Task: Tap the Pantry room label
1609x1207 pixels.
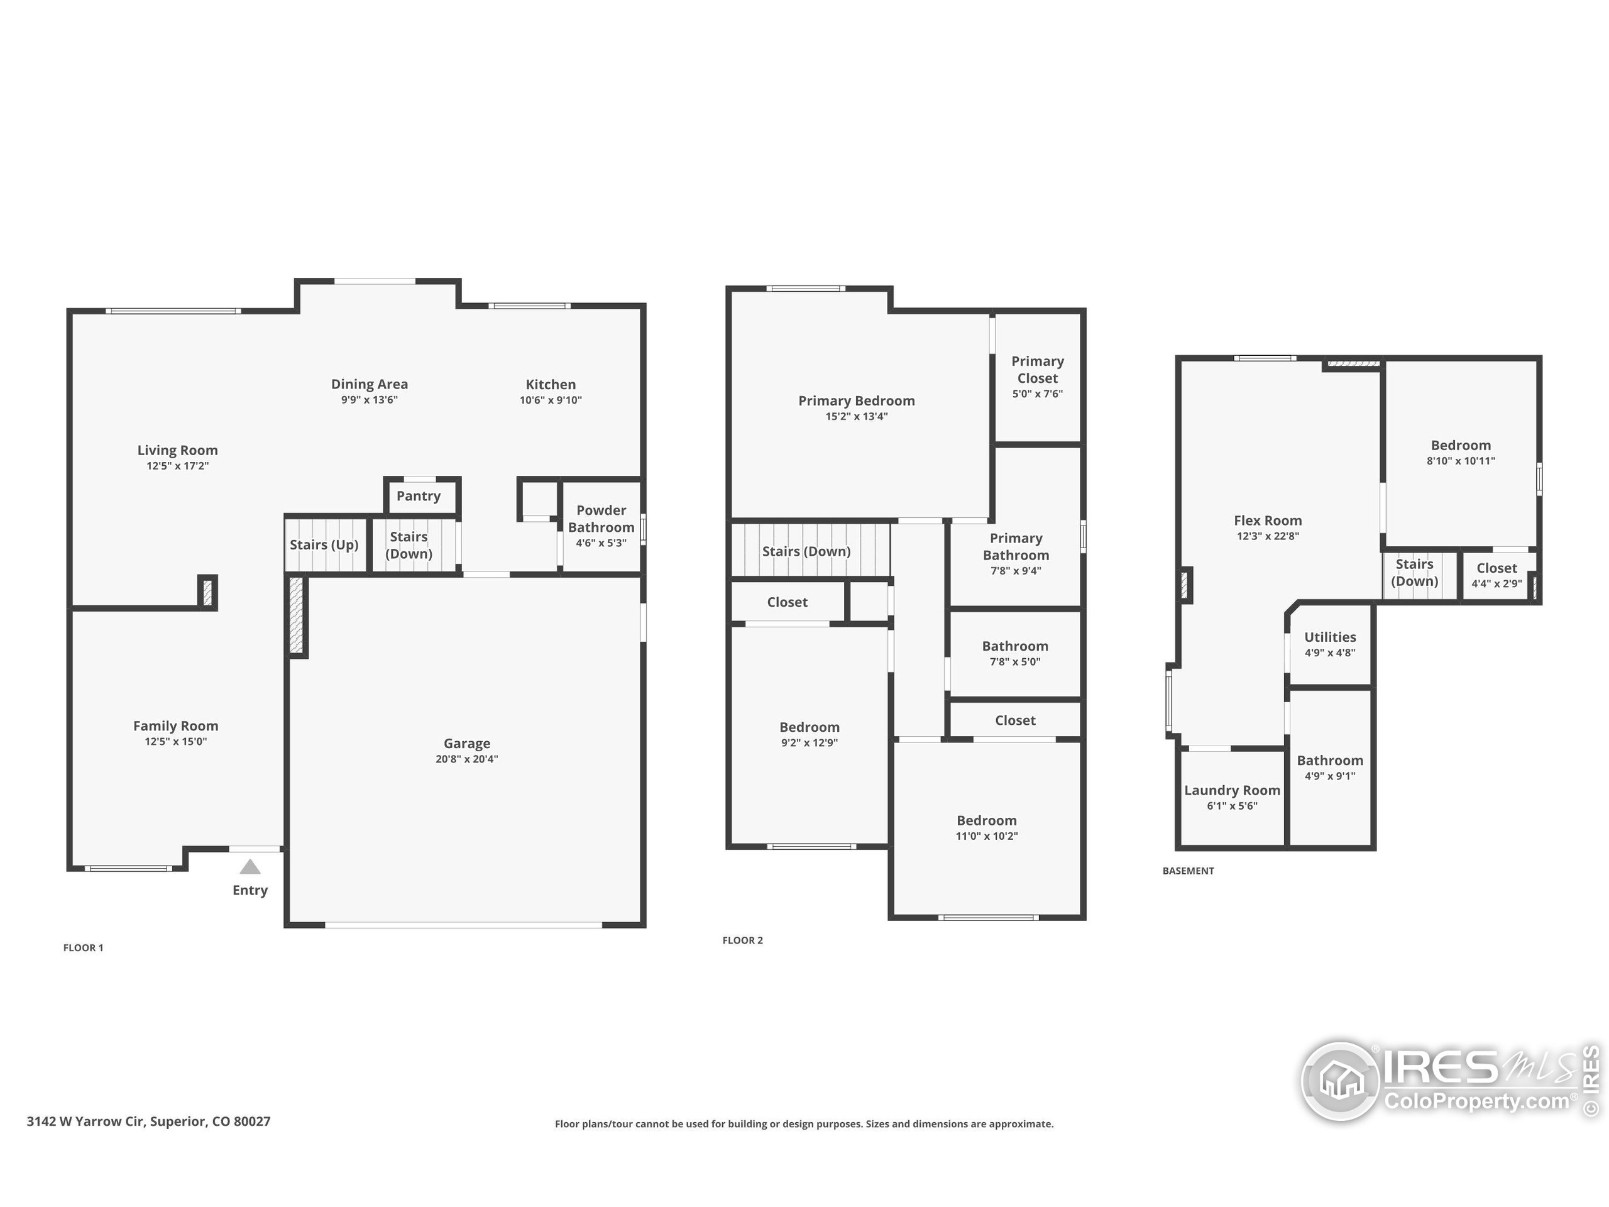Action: coord(418,496)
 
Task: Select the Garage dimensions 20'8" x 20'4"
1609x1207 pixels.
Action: coord(466,759)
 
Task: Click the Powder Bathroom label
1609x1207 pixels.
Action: coord(601,519)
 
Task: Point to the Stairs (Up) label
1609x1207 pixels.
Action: coord(324,545)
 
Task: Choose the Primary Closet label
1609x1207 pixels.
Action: coord(1037,370)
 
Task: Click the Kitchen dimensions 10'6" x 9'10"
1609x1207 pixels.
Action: coord(551,400)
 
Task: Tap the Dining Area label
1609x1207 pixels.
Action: coord(370,384)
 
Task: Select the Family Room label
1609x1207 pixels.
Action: coord(175,726)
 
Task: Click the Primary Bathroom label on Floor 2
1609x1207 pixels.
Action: coord(1016,546)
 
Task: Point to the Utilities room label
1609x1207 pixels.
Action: coord(1330,637)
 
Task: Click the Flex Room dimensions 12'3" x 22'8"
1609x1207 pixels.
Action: coord(1268,536)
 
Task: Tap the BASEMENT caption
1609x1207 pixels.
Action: coord(1188,871)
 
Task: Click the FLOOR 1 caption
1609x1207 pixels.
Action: coord(84,947)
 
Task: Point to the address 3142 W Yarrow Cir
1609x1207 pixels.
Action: coord(148,1121)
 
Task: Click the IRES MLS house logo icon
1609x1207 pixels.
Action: coord(1341,1081)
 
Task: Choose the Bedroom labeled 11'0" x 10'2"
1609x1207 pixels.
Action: coord(986,820)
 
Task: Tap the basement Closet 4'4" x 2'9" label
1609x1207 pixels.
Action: coord(1496,568)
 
